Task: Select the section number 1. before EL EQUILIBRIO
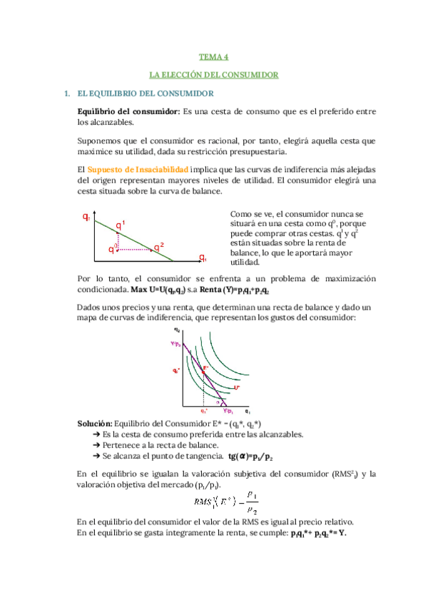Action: point(67,93)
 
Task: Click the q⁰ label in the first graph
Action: point(112,248)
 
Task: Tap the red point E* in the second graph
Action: point(205,368)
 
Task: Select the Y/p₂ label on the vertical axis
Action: point(175,343)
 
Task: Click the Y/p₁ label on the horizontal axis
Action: point(228,412)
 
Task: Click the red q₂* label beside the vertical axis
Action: point(175,371)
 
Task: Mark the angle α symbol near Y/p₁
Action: point(220,402)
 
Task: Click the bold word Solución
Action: point(94,423)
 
